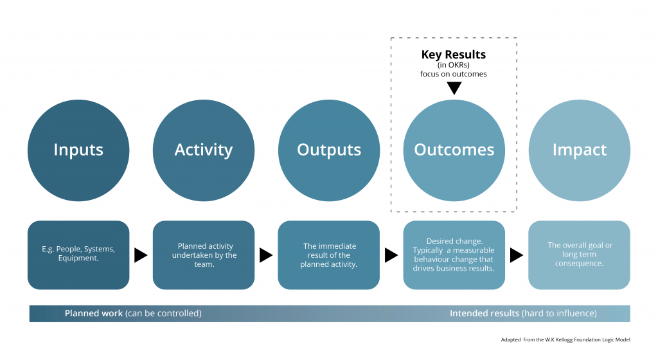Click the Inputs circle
(78, 150)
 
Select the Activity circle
(204, 150)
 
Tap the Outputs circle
(329, 150)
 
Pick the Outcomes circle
(454, 150)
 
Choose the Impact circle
(580, 150)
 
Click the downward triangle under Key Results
(454, 87)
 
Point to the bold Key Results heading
(453, 55)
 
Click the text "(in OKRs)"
(453, 65)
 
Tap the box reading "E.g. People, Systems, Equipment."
(78, 255)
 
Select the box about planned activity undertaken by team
(204, 255)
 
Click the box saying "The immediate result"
(329, 255)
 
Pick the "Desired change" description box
(454, 255)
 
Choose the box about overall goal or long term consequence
(580, 255)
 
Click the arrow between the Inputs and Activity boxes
(141, 255)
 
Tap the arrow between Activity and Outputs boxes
(266, 255)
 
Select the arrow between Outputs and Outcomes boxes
(391, 255)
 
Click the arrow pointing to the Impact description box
(517, 255)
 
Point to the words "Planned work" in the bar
(94, 314)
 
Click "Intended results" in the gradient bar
(485, 314)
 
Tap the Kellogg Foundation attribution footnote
(565, 340)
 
